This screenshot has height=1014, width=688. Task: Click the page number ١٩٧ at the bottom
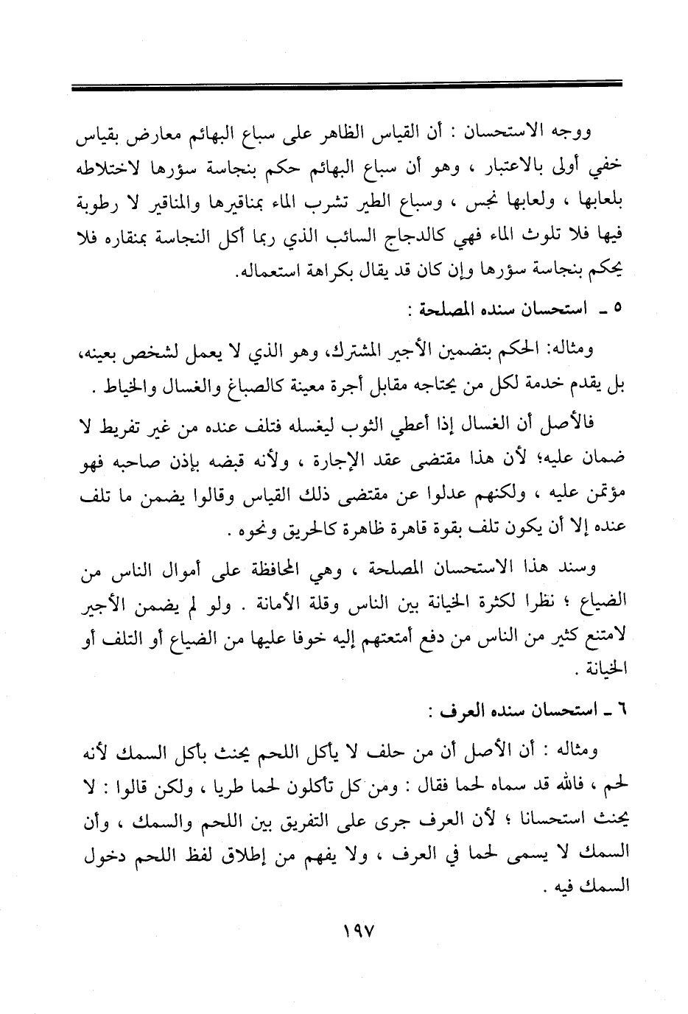[x=359, y=931]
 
